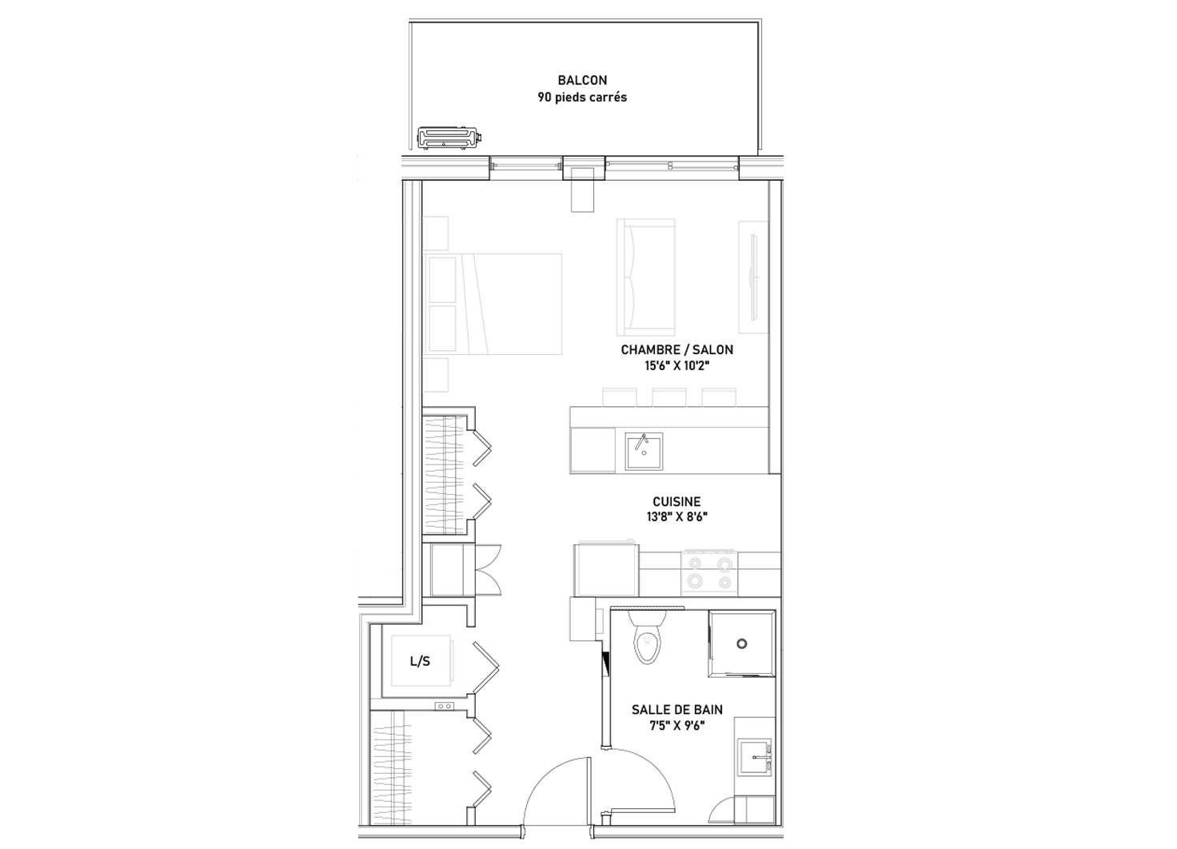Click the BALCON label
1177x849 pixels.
[582, 81]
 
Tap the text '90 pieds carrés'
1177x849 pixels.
[582, 98]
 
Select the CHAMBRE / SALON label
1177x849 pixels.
[676, 350]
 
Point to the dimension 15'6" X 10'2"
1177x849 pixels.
[676, 365]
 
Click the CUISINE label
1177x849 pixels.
[676, 502]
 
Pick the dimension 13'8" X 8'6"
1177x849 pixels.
[676, 517]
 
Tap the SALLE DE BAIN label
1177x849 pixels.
[676, 710]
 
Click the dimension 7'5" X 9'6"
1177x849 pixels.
[676, 726]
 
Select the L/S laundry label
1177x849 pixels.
[420, 661]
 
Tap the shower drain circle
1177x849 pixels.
[742, 644]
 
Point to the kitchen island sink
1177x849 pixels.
[644, 452]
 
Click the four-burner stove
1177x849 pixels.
[709, 572]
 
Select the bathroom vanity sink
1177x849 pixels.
[756, 757]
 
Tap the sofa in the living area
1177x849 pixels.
[646, 277]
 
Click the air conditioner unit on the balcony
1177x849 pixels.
[450, 138]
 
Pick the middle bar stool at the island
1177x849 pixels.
[669, 397]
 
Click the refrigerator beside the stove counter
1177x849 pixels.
[606, 569]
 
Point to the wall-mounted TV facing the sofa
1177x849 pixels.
[753, 277]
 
